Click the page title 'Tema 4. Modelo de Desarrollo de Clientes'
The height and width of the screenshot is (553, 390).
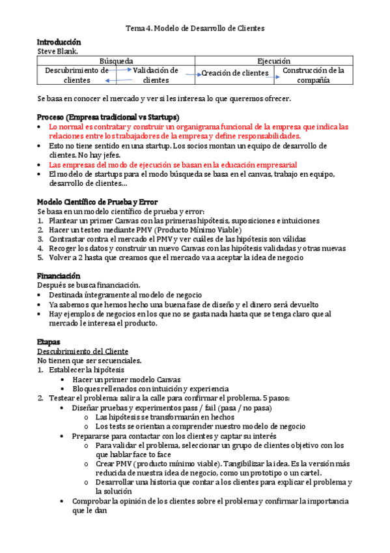pyautogui.click(x=195, y=29)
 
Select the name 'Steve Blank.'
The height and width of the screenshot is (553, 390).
pyautogui.click(x=57, y=50)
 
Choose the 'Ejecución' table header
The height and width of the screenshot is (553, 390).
pyautogui.click(x=274, y=60)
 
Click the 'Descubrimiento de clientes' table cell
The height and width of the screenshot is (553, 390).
pyautogui.click(x=77, y=75)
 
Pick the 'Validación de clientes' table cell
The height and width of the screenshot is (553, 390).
pyautogui.click(x=156, y=75)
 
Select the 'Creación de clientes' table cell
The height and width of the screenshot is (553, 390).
pyautogui.click(x=234, y=73)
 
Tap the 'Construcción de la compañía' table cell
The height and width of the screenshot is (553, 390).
pyautogui.click(x=313, y=75)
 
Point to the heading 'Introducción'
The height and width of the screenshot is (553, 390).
pyautogui.click(x=59, y=42)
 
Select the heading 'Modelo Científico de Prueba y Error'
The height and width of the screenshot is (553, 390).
pyautogui.click(x=97, y=202)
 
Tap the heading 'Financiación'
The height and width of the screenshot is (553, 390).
pyautogui.click(x=59, y=276)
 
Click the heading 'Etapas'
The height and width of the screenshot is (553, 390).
pyautogui.click(x=49, y=342)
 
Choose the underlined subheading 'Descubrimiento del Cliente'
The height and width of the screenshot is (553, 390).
pyautogui.click(x=83, y=351)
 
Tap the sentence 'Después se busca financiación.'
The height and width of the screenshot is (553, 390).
pyautogui.click(x=89, y=285)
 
